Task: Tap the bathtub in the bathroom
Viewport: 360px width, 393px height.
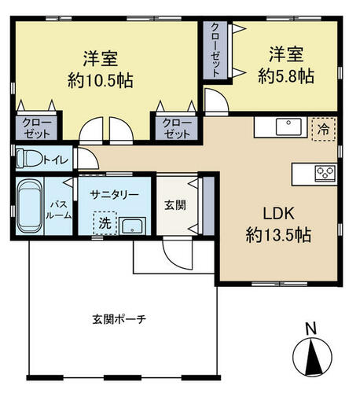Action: [x=30, y=206]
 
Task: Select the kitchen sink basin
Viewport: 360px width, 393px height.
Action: [x=288, y=127]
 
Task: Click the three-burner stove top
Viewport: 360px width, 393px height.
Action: [x=325, y=172]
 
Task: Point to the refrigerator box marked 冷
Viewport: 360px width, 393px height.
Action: [x=324, y=129]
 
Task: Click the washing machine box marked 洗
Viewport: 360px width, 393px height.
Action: [x=105, y=223]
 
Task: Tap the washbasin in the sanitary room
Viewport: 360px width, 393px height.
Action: [x=132, y=226]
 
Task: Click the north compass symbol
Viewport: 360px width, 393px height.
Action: [x=312, y=357]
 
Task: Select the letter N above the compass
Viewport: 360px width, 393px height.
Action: [x=311, y=329]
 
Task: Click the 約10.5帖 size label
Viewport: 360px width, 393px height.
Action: [x=101, y=80]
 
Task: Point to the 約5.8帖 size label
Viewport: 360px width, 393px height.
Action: [x=286, y=76]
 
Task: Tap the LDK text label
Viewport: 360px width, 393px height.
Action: [x=278, y=214]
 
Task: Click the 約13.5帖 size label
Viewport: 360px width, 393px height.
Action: [x=278, y=235]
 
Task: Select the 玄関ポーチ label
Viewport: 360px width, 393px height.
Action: [x=119, y=319]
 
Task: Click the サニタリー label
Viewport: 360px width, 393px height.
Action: [x=114, y=195]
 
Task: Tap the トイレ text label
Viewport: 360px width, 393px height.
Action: [x=56, y=160]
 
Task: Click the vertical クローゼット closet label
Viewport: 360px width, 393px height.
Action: [x=215, y=50]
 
